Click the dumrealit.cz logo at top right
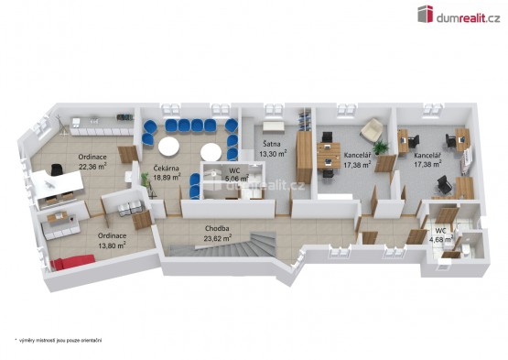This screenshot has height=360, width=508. tap(459, 15)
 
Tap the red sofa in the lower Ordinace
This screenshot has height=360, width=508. tap(72, 262)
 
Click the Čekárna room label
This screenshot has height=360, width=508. tap(166, 169)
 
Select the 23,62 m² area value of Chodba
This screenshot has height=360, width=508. tap(218, 239)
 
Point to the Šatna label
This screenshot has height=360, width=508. tap(272, 144)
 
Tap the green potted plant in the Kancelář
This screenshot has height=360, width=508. tap(381, 147)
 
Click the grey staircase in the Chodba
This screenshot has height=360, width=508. tap(227, 245)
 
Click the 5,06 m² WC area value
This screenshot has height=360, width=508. tap(237, 178)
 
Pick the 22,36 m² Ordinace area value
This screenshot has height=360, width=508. tap(93, 167)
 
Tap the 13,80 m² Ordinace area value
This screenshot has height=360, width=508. tap(112, 245)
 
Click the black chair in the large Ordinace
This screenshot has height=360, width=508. tap(57, 169)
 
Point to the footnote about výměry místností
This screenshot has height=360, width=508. tap(59, 340)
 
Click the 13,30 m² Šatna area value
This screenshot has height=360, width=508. tap(273, 154)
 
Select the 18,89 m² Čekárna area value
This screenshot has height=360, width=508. tap(167, 178)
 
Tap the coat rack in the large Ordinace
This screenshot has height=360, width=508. tap(62, 125)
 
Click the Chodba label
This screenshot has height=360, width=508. tap(217, 229)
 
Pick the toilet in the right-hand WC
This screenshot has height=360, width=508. tap(465, 250)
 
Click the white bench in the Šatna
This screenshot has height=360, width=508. tap(274, 127)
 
